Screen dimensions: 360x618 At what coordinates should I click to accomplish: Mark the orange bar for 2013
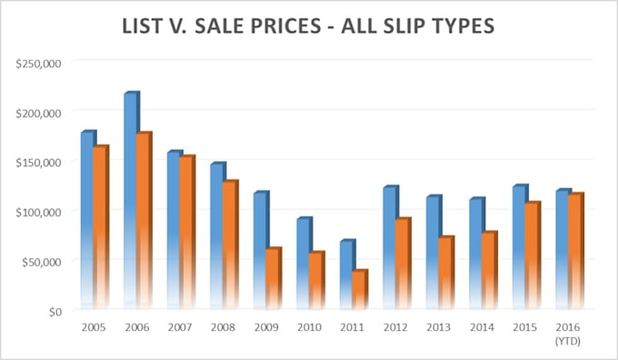click(445, 273)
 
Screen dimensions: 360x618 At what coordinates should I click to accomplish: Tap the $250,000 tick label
click(37, 63)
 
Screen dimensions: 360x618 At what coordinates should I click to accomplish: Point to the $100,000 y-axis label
click(37, 212)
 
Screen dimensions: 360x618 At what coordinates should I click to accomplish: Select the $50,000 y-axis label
click(40, 262)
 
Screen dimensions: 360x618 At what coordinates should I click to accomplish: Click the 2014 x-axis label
click(483, 325)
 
